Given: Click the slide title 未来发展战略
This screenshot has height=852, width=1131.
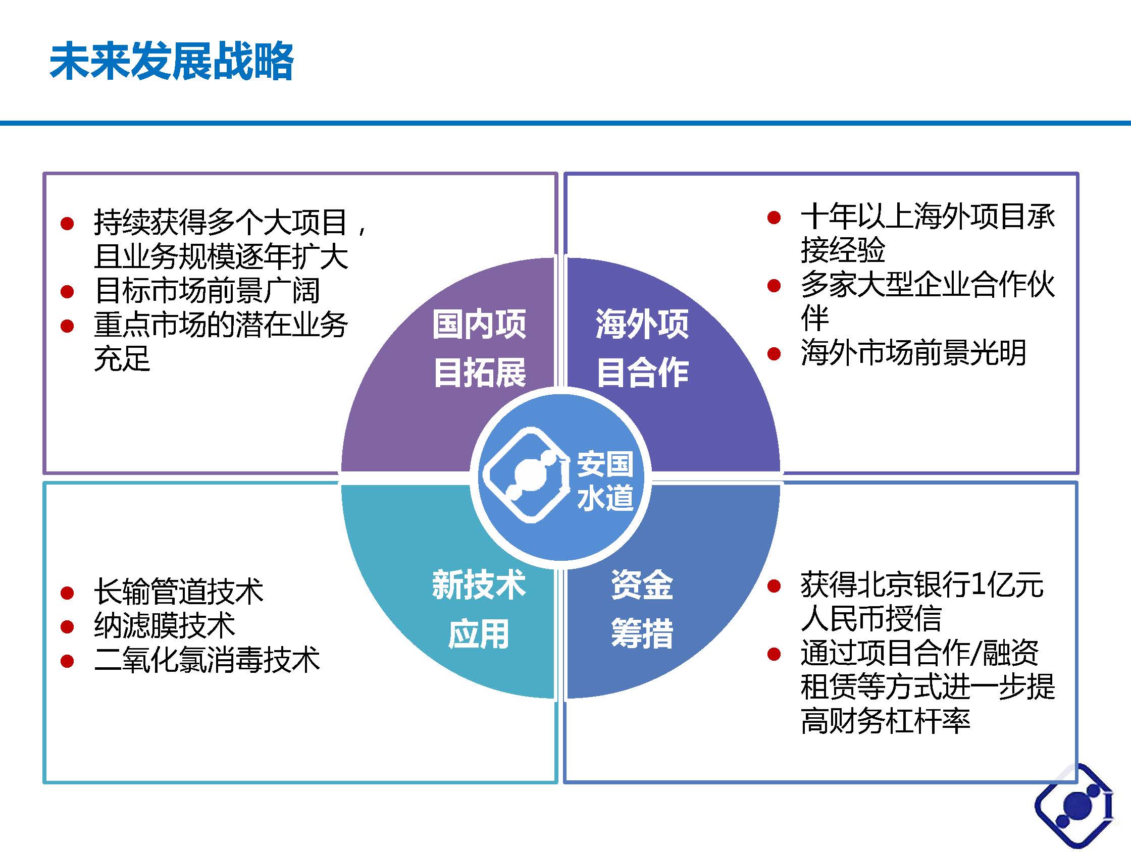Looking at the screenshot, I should [172, 62].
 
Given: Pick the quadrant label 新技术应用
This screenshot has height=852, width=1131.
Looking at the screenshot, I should [479, 609].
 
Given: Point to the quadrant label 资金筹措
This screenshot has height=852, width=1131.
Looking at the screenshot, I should [642, 609].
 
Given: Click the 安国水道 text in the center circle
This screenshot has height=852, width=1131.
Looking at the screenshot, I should [605, 481].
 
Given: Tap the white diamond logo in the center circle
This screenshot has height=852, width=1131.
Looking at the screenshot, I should [527, 475].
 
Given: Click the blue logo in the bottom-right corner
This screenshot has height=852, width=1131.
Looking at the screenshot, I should [1074, 808].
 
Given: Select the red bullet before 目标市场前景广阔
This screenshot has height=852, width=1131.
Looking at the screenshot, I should [67, 292].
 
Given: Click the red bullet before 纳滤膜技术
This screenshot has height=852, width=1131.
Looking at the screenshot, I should [67, 626].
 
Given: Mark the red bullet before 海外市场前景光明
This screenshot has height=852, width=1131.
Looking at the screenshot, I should [774, 353].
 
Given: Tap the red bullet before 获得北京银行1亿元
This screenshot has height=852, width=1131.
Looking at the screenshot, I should [774, 586].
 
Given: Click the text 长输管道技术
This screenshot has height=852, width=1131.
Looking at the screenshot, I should [179, 592].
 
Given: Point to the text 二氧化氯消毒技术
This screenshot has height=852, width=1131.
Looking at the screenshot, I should [207, 660].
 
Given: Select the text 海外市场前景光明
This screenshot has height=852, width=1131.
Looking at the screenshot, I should [913, 353].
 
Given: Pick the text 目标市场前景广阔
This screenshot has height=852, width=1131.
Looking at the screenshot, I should [207, 291].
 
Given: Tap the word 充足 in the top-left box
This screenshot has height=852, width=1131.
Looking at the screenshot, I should [122, 358].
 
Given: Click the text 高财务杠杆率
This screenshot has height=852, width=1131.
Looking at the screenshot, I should [885, 721].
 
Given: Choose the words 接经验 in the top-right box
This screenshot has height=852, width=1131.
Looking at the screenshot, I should [843, 250].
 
